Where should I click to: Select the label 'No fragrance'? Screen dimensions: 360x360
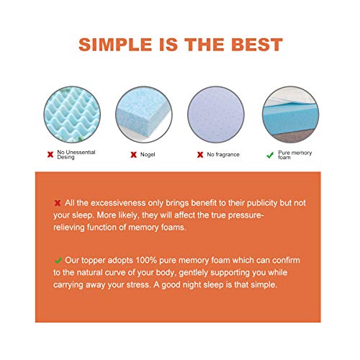click(x=222, y=154)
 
